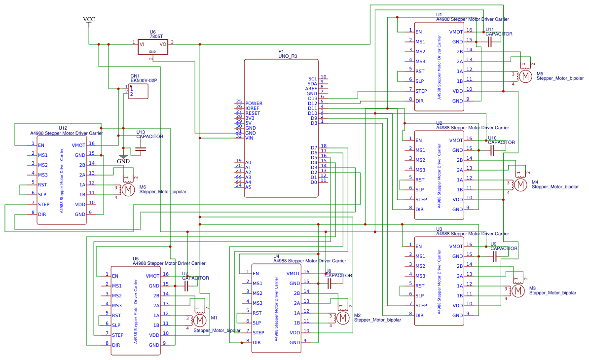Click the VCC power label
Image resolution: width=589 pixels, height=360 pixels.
click(x=89, y=19)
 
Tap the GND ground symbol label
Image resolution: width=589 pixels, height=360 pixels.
click(x=123, y=161)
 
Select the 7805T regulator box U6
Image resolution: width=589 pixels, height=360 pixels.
click(x=152, y=47)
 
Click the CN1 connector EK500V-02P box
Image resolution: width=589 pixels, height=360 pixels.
click(x=138, y=91)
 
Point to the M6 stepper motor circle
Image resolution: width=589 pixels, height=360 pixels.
click(x=128, y=190)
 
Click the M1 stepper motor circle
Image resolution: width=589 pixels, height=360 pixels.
click(x=200, y=321)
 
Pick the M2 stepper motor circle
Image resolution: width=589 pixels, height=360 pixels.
click(x=343, y=318)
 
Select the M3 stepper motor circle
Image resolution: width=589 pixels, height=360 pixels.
click(x=518, y=291)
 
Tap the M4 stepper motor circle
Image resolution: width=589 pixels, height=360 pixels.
click(x=520, y=184)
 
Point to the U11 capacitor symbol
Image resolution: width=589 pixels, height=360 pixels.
click(x=490, y=42)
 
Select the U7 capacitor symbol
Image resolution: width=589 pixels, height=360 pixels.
click(x=186, y=286)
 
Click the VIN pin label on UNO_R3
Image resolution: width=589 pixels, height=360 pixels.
click(x=250, y=138)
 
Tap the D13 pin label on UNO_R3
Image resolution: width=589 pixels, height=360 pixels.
click(x=312, y=99)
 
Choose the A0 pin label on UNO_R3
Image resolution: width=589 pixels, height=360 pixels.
click(x=248, y=162)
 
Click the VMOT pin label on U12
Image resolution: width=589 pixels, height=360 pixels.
click(x=78, y=145)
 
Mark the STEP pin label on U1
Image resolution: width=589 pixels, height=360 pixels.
click(x=421, y=91)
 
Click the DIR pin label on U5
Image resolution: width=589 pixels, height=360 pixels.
click(x=116, y=345)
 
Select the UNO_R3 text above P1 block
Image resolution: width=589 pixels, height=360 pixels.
click(x=288, y=56)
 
